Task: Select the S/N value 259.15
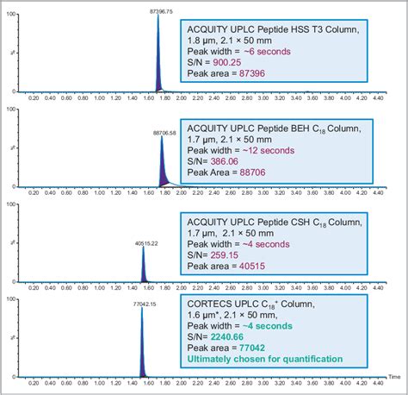[x=226, y=256]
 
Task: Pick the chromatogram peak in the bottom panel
[x=142, y=336]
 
